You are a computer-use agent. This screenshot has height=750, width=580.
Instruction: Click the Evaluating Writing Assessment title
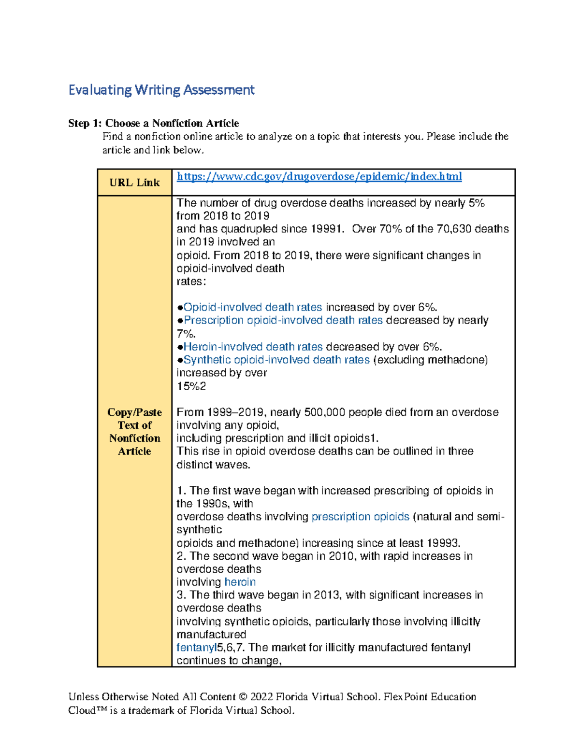pos(161,90)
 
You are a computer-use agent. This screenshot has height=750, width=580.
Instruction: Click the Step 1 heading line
pos(153,123)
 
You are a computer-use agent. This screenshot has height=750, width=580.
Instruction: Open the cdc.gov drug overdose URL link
pos(319,177)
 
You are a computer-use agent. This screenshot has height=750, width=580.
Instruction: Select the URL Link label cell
pos(134,183)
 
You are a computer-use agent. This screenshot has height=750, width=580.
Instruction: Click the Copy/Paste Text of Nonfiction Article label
pos(134,431)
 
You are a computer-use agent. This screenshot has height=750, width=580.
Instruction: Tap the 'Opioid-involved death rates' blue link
pos(252,307)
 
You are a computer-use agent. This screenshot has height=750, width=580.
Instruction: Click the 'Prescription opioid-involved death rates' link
pos(283,320)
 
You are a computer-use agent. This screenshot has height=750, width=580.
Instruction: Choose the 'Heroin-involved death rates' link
pos(253,347)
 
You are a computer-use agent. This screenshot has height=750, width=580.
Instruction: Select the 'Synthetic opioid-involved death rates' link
pos(276,360)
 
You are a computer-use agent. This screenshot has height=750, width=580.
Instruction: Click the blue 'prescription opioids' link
pos(360,517)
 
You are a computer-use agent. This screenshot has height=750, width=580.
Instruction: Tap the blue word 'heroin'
pos(240,582)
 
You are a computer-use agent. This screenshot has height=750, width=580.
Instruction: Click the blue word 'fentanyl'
pos(196,648)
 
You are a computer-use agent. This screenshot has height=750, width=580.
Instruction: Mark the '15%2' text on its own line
pos(191,386)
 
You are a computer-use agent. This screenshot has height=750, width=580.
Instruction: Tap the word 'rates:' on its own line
pos(191,282)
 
